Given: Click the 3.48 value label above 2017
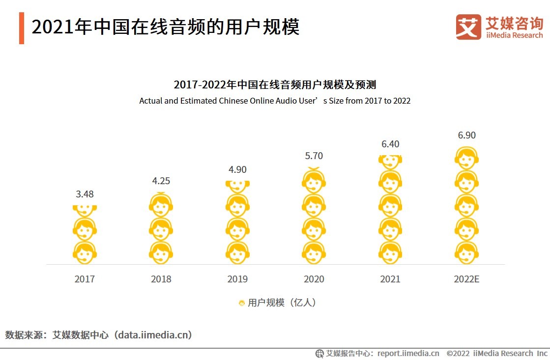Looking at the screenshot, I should pyautogui.click(x=85, y=194).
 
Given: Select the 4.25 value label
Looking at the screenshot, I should pyautogui.click(x=161, y=181).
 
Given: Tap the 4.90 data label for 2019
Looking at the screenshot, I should pyautogui.click(x=237, y=169).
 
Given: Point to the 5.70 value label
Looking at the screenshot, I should pyautogui.click(x=314, y=156).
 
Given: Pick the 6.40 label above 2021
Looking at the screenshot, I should pyautogui.click(x=390, y=144).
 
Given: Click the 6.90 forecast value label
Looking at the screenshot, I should pyautogui.click(x=466, y=135).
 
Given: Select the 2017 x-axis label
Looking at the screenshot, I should pyautogui.click(x=85, y=279).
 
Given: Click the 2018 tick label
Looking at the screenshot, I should pyautogui.click(x=161, y=279).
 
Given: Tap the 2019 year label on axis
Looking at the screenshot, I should pyautogui.click(x=237, y=279).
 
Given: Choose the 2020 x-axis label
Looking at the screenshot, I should pyautogui.click(x=314, y=279).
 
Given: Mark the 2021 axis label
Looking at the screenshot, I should pyautogui.click(x=390, y=279).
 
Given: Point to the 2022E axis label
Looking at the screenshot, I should pyautogui.click(x=466, y=279).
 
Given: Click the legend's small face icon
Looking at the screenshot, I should pyautogui.click(x=242, y=303).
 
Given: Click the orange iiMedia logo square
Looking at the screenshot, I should pyautogui.click(x=468, y=27).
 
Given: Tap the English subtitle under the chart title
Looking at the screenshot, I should pyautogui.click(x=275, y=101).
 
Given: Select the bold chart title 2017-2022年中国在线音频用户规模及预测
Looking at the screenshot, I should pyautogui.click(x=275, y=84).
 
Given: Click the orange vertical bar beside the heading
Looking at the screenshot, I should pyautogui.click(x=22, y=28).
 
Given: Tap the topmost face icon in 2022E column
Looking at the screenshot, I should pyautogui.click(x=466, y=159).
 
